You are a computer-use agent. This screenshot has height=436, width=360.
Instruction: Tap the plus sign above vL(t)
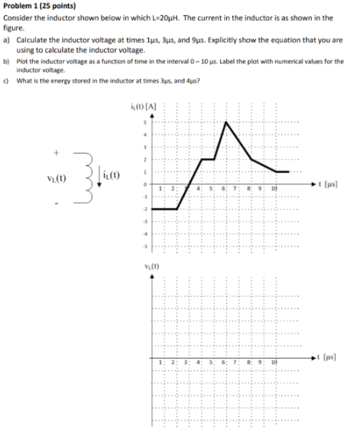pos(55,154)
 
